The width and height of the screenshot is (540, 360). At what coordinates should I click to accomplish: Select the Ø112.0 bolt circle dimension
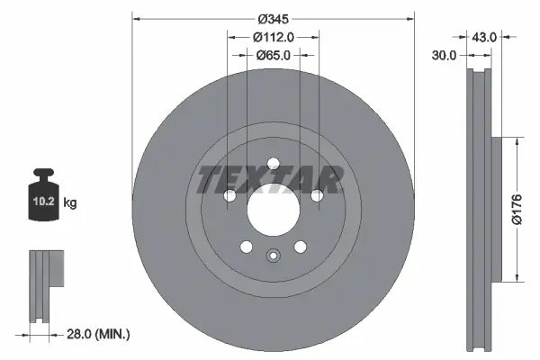click(x=273, y=37)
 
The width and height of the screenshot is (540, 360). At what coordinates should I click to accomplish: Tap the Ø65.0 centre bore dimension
click(x=273, y=55)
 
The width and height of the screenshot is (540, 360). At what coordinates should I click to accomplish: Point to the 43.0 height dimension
click(x=484, y=37)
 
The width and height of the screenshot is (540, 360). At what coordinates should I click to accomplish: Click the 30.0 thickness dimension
click(x=445, y=55)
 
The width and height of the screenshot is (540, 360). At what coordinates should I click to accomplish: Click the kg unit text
click(x=69, y=203)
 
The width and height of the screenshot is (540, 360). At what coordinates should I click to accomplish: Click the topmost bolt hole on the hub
click(x=272, y=163)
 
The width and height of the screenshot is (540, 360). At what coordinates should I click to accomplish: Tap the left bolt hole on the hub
click(x=229, y=196)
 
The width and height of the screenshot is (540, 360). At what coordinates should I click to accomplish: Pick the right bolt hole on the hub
click(x=316, y=196)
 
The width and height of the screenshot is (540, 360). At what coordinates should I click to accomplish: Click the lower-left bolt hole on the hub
click(x=245, y=247)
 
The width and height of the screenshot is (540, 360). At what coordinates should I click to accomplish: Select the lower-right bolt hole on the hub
click(x=300, y=247)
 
